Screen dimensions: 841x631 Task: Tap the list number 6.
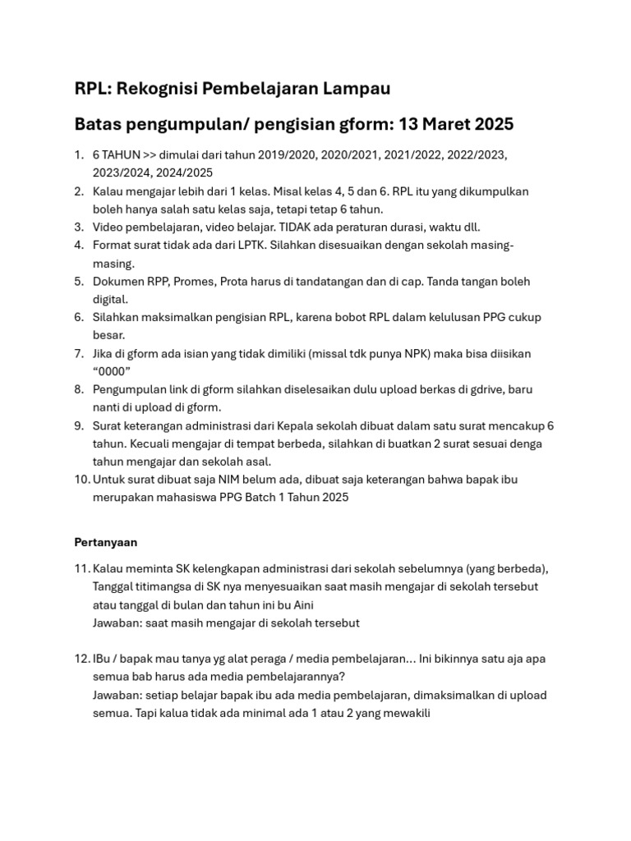pyautogui.click(x=78, y=317)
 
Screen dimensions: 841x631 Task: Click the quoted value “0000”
pyautogui.click(x=112, y=371)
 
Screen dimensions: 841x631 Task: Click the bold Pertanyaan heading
pyautogui.click(x=106, y=543)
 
